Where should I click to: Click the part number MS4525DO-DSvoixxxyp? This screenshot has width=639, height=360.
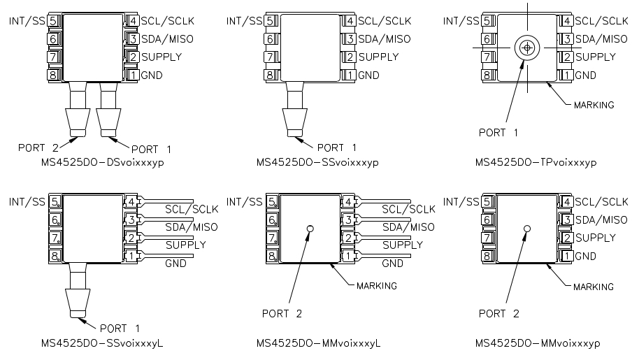point(99,163)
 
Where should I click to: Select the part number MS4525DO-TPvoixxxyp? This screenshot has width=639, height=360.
point(536,163)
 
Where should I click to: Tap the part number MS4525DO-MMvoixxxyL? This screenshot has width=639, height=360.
point(317,343)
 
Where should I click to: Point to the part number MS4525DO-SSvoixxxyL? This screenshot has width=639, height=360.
point(99,343)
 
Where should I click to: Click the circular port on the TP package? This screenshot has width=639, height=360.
point(526,48)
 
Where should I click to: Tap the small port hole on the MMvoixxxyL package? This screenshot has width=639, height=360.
point(309,229)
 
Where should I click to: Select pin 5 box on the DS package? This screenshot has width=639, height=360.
point(53,21)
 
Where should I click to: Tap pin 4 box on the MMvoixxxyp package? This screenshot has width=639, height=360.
point(568,202)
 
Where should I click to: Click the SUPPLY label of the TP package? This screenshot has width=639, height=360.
point(596,57)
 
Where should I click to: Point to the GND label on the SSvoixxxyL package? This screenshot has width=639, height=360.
point(175,264)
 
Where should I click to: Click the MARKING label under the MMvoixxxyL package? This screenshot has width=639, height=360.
point(376,286)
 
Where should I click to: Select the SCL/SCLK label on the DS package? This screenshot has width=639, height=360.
point(167,21)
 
